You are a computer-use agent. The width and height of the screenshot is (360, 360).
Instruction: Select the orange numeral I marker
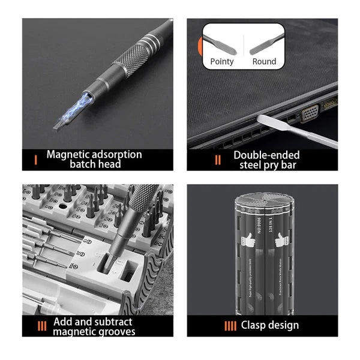[x=37, y=160]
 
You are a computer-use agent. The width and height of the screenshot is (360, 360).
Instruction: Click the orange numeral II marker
[x=218, y=160]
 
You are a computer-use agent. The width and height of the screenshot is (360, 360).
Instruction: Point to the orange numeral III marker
[x=41, y=326]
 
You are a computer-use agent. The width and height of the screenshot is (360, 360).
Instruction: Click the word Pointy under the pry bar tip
[x=222, y=62]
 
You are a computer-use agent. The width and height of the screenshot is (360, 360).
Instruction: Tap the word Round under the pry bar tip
[x=264, y=62]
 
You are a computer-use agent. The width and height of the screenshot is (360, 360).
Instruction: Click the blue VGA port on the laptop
[x=310, y=114]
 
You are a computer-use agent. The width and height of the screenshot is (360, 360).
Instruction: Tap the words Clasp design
[x=269, y=326]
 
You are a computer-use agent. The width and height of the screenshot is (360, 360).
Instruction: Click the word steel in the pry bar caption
[x=251, y=164]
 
